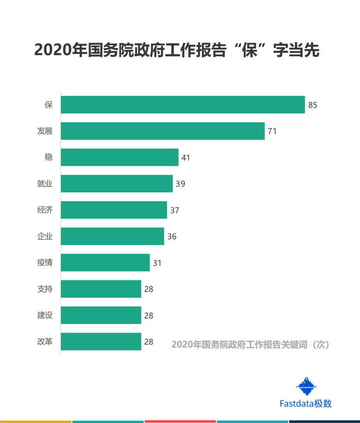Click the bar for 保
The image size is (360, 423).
tap(183, 105)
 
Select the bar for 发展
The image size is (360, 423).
tap(162, 131)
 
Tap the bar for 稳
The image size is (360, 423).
tap(119, 157)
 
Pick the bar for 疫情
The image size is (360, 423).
tap(105, 263)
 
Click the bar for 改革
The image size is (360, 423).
tap(101, 341)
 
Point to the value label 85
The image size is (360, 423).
tap(312, 105)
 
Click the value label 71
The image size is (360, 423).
tap(272, 131)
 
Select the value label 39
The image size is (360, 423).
tap(180, 184)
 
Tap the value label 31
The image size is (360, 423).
tap(157, 263)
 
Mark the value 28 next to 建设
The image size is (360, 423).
tap(149, 316)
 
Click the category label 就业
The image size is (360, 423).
tap(45, 184)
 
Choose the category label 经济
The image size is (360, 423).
tap(45, 210)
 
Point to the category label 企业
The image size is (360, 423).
tap(45, 236)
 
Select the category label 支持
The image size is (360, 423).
tap(45, 289)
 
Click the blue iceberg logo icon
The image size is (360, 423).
tap(306, 386)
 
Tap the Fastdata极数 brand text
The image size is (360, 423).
tap(305, 404)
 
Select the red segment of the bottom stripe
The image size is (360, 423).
tap(180, 421)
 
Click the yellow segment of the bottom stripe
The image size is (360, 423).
tap(36, 421)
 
